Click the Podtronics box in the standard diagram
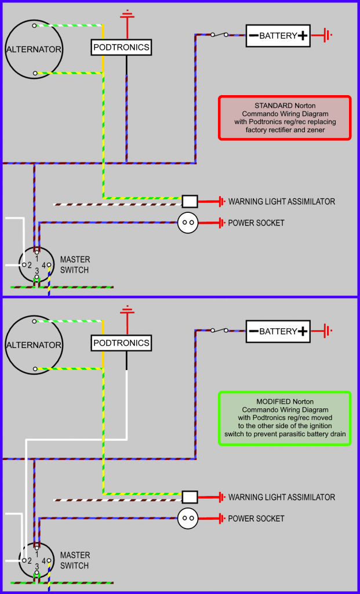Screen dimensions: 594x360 pos(121,47)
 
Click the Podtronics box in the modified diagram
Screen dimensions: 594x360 pos(121,343)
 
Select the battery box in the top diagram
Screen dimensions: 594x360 pos(278,35)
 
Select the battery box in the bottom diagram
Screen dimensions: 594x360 pos(278,331)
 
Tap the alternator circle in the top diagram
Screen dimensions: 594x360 pos(34,49)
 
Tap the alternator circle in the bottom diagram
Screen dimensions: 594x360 pos(34,345)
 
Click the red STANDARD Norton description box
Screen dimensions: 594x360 pos(285,118)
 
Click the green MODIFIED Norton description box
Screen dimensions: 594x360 pos(285,418)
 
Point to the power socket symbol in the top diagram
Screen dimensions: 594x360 pos(187,222)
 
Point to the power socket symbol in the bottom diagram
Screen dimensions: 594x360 pos(187,518)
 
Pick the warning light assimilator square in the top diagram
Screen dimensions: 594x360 pos(190,201)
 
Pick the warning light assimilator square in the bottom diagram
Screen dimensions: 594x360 pos(190,497)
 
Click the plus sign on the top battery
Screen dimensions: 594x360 pos(302,35)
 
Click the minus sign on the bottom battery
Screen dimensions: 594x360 pos(253,331)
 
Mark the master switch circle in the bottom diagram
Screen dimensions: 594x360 pos(37,562)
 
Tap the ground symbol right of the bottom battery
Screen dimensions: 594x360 pos(328,331)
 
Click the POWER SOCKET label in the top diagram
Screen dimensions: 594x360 pos(256,223)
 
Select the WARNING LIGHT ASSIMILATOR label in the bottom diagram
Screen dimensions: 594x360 pos(282,497)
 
